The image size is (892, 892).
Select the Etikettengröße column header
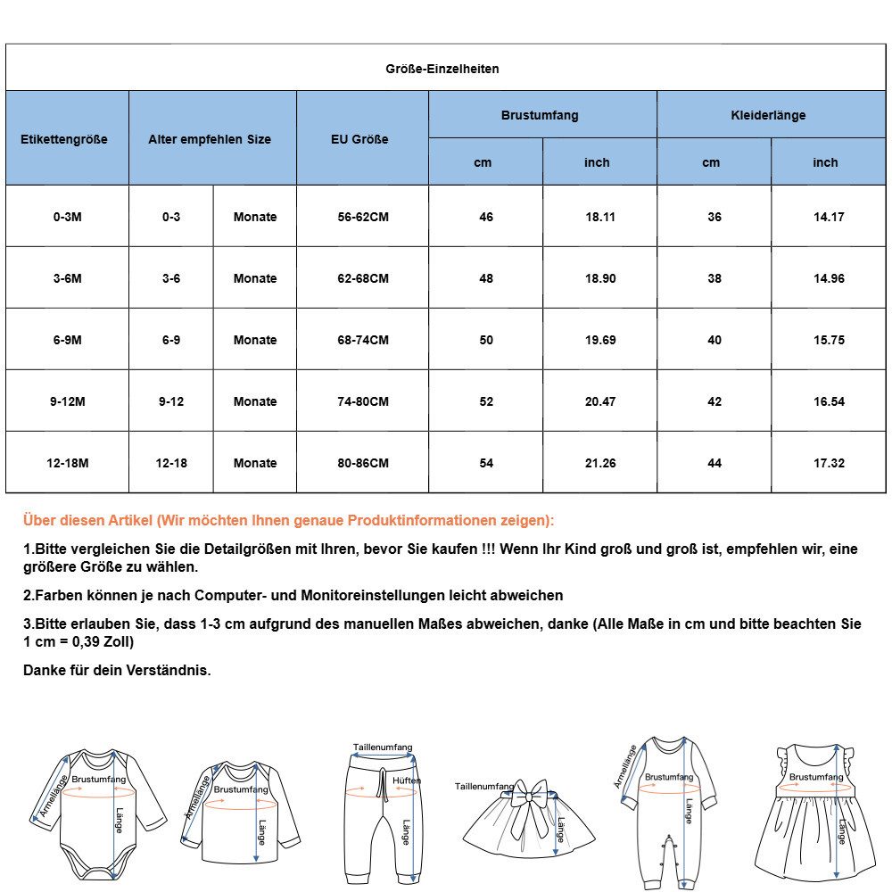coord(63,139)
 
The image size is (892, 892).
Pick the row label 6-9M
coord(67,340)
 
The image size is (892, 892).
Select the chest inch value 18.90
coord(599,278)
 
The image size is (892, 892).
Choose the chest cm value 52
coord(485,401)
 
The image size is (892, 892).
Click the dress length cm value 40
coord(714,340)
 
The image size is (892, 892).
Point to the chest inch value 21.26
coord(599,463)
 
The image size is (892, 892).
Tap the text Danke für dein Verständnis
coord(117,670)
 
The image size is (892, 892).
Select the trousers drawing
coord(382,816)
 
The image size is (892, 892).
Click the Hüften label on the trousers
coord(406,780)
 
